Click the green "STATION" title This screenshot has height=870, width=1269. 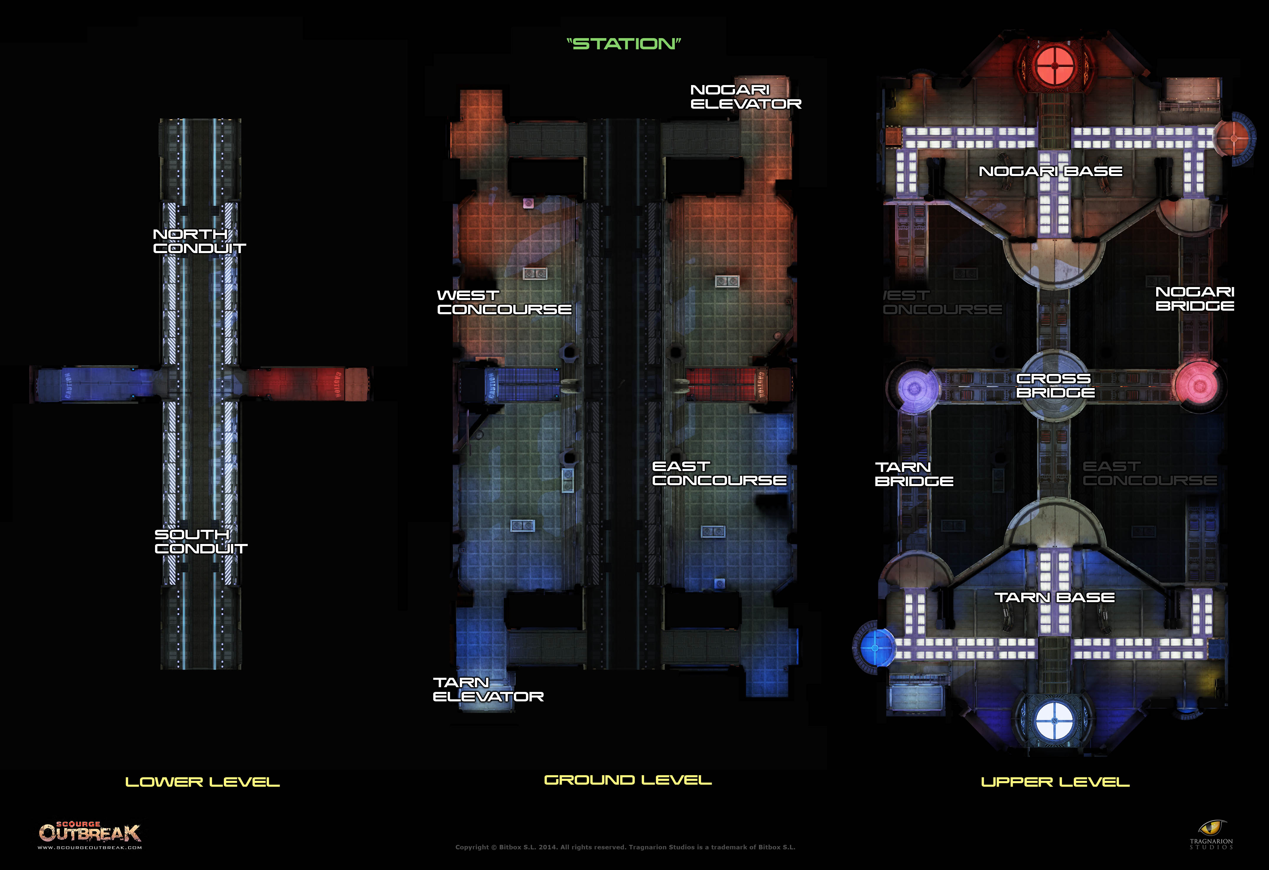pyautogui.click(x=624, y=44)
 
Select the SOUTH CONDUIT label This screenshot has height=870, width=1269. pyautogui.click(x=201, y=541)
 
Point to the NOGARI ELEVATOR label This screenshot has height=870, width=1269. pyautogui.click(x=745, y=97)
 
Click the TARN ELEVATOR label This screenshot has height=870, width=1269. pyautogui.click(x=488, y=689)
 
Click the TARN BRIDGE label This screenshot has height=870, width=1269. pyautogui.click(x=913, y=474)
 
